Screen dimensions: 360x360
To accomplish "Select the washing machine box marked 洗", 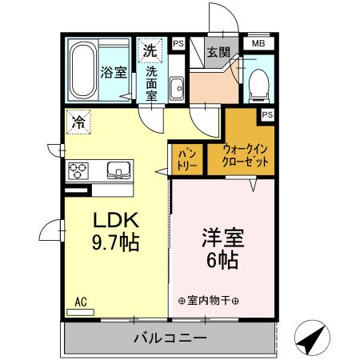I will point(150,50).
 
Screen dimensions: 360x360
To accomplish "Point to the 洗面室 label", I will point(151,82).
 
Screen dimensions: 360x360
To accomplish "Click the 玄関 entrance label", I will point(218,53).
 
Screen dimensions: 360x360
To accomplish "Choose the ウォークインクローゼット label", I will point(246,154).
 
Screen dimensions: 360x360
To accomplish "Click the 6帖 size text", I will point(222,259).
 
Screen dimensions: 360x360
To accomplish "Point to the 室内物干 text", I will point(209,301).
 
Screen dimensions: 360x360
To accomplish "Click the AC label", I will point(81,301).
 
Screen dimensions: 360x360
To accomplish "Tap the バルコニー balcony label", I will point(170,338).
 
